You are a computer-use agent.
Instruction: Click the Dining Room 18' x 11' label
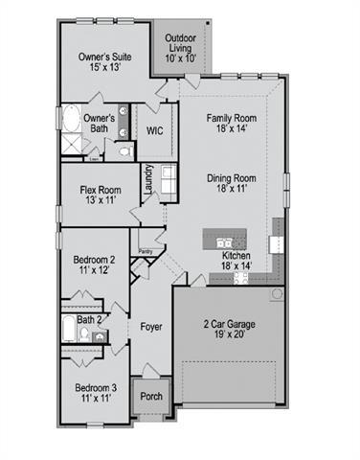point(231,184)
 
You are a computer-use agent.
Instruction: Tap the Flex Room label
point(100,195)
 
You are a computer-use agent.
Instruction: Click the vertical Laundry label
point(148,181)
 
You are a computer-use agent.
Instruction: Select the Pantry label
point(146,251)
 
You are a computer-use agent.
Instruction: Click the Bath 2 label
point(89,319)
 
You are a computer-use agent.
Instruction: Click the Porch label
point(150,395)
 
